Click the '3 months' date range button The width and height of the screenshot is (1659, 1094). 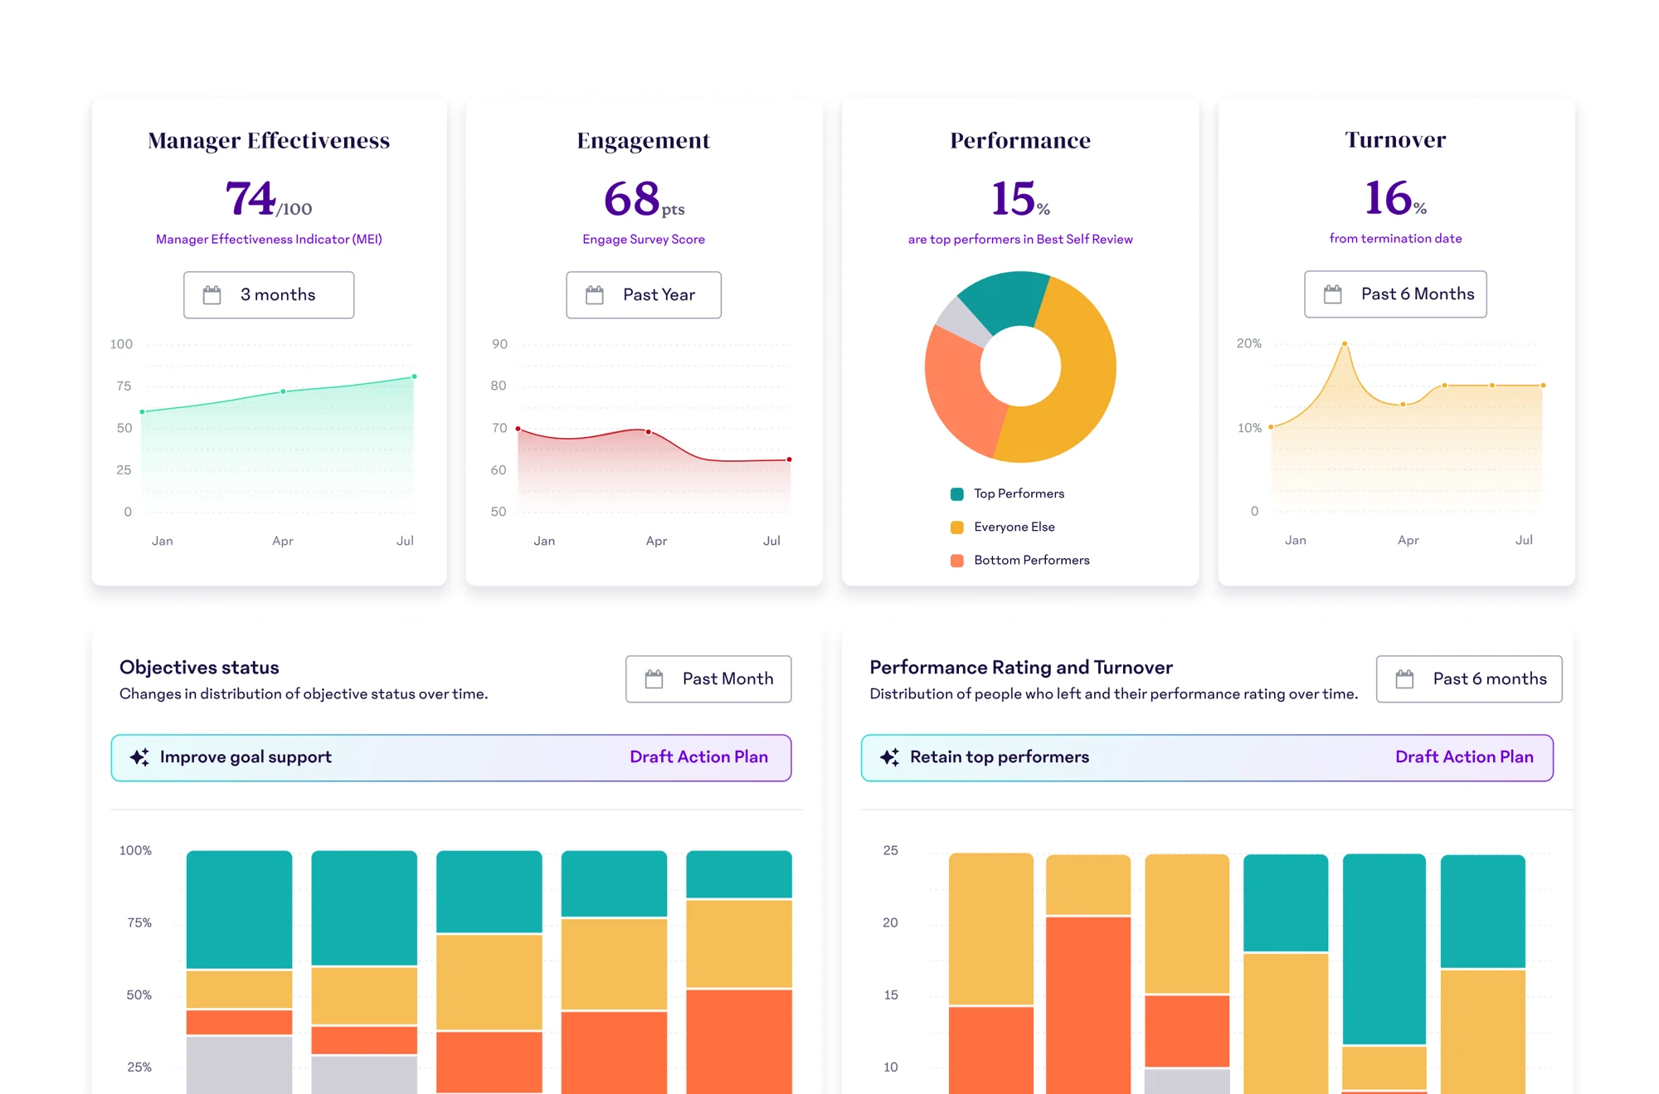click(x=269, y=295)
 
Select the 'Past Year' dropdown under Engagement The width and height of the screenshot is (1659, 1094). click(x=644, y=295)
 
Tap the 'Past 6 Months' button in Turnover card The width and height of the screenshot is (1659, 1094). click(x=1395, y=294)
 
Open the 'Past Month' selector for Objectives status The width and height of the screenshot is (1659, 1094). click(x=708, y=679)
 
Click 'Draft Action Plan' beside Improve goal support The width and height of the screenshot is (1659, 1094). click(x=698, y=757)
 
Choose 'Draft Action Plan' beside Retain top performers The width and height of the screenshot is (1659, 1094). click(x=1464, y=757)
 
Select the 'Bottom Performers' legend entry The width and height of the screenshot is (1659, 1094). click(x=1031, y=561)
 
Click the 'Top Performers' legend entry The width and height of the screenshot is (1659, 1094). click(x=1019, y=494)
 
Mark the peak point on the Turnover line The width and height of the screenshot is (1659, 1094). click(x=1345, y=343)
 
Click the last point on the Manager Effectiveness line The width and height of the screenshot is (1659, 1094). click(x=414, y=377)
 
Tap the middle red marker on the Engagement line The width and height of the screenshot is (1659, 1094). click(x=648, y=432)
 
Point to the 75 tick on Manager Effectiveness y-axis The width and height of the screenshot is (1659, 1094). click(x=124, y=387)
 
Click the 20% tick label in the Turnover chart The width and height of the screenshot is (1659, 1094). click(x=1248, y=343)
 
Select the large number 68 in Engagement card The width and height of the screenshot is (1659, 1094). click(x=632, y=199)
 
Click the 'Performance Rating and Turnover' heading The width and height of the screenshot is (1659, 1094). click(x=1020, y=668)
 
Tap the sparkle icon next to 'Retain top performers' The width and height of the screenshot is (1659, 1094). click(x=889, y=757)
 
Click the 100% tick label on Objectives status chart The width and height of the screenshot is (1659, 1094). click(x=135, y=851)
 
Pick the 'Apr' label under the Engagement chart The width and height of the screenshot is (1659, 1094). click(x=656, y=542)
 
